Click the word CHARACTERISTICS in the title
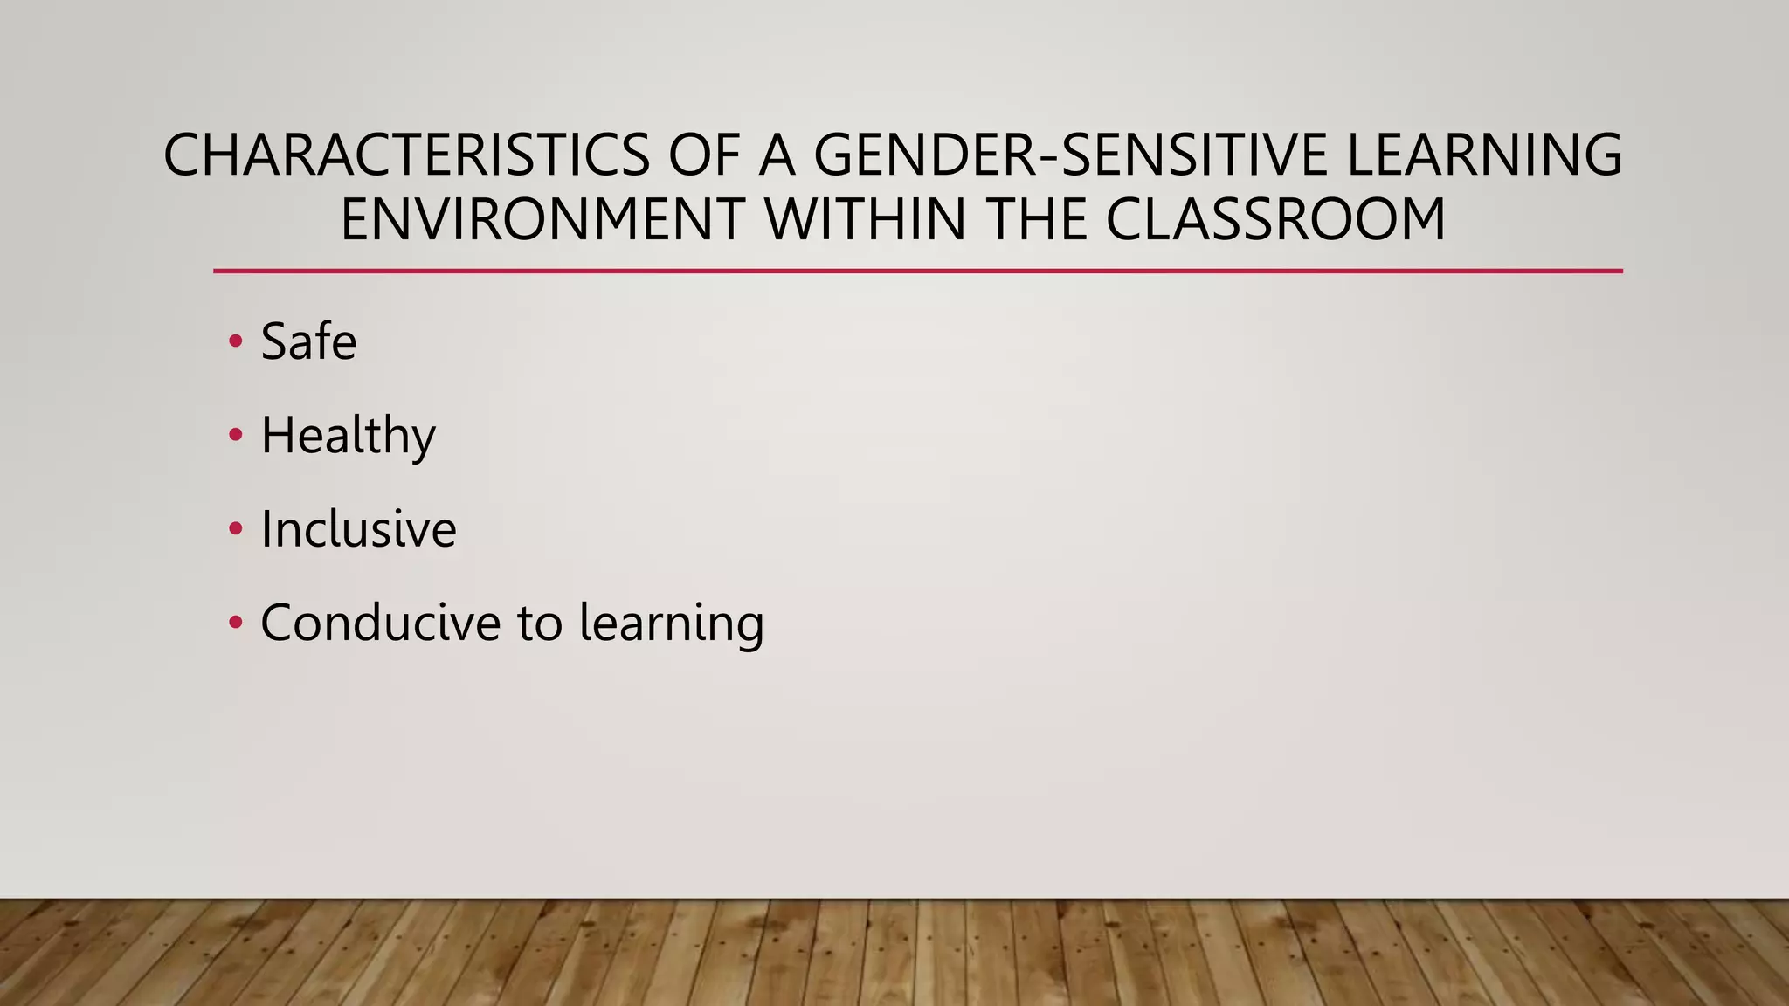(x=406, y=155)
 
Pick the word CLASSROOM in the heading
(x=1276, y=220)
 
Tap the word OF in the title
(x=704, y=155)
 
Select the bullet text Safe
(x=308, y=341)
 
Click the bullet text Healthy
(x=348, y=436)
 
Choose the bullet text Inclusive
(x=358, y=529)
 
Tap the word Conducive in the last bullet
(x=381, y=623)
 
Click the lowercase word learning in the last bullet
(x=671, y=624)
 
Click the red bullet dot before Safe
(x=235, y=341)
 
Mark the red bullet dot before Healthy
(x=235, y=435)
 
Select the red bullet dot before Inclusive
(x=235, y=529)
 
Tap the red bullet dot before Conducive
(x=235, y=623)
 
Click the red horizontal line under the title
(x=917, y=272)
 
